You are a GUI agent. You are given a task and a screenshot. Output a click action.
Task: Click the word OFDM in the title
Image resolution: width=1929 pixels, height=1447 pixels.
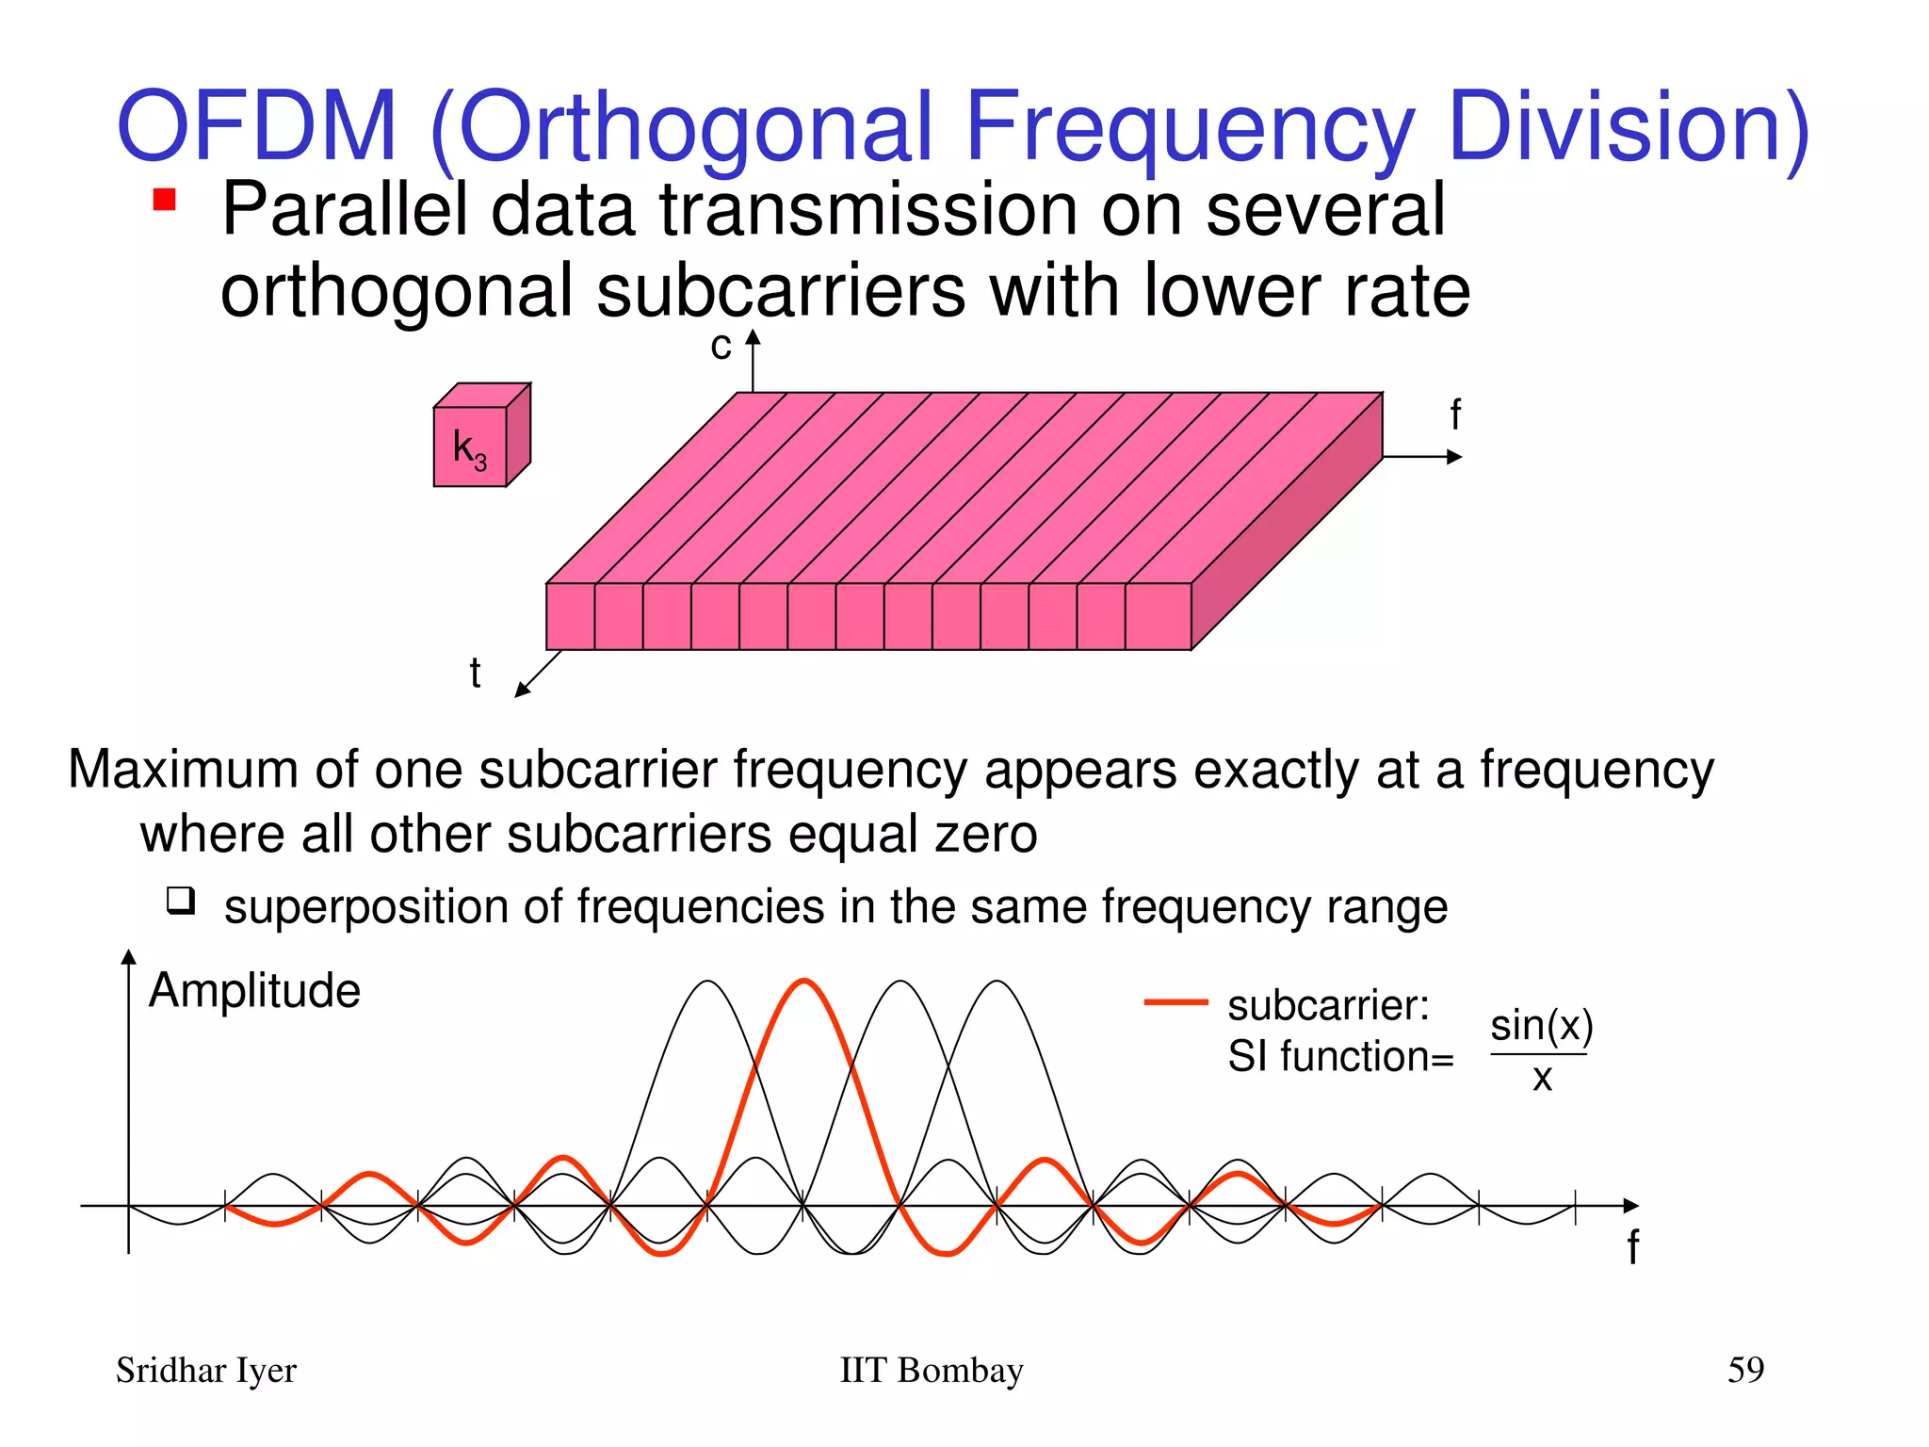pos(256,126)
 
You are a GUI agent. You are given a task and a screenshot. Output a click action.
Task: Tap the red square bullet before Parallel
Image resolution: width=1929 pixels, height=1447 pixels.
pos(165,200)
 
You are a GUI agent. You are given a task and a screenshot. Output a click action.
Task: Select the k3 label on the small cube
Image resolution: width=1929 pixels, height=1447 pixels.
pos(469,448)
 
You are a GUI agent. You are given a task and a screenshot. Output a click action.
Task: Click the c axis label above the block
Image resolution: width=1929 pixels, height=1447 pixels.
pos(721,347)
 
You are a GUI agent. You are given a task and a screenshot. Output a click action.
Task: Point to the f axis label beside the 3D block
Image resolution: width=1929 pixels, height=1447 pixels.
pos(1455,415)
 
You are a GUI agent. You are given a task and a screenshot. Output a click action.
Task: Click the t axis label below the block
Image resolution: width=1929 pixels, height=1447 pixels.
pos(475,674)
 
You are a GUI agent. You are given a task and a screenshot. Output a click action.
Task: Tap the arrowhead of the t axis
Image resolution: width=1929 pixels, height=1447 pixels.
pos(522,691)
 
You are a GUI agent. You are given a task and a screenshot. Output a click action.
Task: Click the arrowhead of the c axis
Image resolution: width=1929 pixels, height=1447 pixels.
pos(753,336)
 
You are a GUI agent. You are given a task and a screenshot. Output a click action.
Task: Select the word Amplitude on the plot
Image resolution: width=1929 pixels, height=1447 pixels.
pos(254,991)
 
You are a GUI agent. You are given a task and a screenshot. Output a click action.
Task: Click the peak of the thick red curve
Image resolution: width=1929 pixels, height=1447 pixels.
pos(804,983)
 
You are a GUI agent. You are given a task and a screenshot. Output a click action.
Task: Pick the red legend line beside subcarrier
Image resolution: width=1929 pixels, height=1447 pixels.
pos(1175,1002)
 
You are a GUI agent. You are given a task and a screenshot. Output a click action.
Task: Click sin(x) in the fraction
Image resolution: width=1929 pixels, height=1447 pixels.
pos(1541,1026)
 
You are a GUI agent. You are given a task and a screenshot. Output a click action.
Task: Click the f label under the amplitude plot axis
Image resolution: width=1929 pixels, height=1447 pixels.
pos(1632,1247)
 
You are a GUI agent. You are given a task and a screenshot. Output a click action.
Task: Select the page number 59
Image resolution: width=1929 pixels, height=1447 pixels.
pos(1745,1370)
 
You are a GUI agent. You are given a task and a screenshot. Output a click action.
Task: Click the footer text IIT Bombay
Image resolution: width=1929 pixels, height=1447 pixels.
pos(931,1371)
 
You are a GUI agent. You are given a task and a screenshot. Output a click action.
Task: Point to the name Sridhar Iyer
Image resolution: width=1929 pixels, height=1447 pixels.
pos(205,1371)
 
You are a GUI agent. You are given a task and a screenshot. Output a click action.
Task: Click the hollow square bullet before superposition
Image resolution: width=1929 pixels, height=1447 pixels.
pos(181,901)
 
